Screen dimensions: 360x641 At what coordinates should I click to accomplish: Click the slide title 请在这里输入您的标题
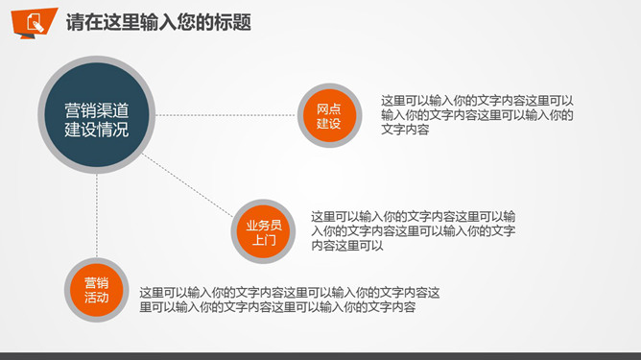point(158,22)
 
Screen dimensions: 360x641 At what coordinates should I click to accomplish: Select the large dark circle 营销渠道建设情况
point(96,115)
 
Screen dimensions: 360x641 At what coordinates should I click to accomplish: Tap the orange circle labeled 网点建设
point(328,116)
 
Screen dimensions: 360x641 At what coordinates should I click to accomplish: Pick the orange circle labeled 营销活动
point(96,291)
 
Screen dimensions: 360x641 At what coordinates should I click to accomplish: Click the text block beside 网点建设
point(477,114)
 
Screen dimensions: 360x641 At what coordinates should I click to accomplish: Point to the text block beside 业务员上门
point(413,230)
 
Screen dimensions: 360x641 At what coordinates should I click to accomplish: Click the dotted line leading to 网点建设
point(226,115)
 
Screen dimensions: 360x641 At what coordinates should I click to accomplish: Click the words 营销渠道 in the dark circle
point(96,107)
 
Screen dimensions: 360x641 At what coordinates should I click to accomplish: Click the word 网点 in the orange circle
point(328,108)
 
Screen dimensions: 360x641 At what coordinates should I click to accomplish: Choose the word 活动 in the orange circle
point(96,299)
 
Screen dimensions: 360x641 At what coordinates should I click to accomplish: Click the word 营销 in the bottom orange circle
point(96,283)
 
